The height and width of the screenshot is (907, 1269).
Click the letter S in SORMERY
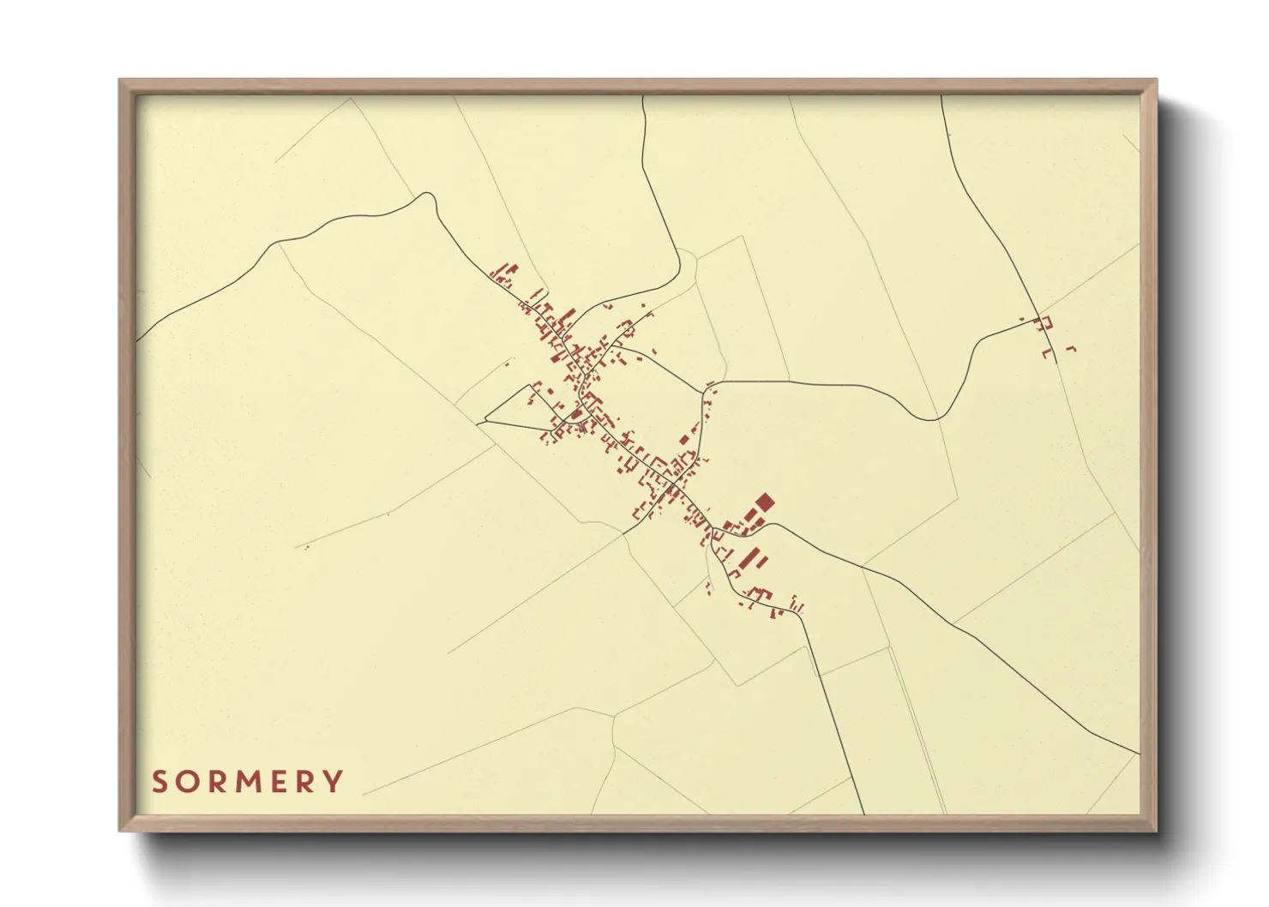(160, 782)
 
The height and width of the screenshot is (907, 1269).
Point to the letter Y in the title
(333, 782)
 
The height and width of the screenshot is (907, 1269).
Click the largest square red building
(763, 502)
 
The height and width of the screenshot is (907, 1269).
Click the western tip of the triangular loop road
(485, 420)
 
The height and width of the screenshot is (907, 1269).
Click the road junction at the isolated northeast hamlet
(1037, 313)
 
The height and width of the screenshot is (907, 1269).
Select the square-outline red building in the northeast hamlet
(1045, 323)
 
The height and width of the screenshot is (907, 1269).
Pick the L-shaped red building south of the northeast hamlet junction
(1046, 352)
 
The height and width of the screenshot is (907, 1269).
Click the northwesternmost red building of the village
(496, 274)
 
